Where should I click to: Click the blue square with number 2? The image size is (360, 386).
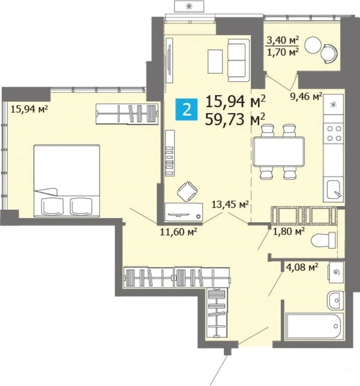[x=186, y=109]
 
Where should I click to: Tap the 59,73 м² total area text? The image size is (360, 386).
[x=235, y=120]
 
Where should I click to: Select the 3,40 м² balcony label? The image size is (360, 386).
[x=283, y=40]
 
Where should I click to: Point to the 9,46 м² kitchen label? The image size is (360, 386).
[x=306, y=96]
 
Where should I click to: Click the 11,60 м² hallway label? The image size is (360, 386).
[x=178, y=232]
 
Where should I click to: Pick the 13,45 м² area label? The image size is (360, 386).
[x=230, y=204]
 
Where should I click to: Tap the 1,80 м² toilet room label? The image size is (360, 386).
[x=289, y=231]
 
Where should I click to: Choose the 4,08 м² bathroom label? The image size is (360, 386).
[x=302, y=267]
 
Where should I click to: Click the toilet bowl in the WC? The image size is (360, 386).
[x=323, y=240]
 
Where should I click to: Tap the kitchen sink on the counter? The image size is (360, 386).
[x=334, y=189]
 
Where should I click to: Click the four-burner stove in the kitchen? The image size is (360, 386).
[x=333, y=133]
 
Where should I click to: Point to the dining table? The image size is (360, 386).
[x=278, y=152]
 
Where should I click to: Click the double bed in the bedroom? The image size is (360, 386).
[x=67, y=181]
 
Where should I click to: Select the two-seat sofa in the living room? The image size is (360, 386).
[x=238, y=60]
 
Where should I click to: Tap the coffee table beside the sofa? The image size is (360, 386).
[x=215, y=61]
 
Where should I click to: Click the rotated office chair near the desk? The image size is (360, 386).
[x=187, y=191]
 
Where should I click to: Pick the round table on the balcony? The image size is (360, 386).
[x=313, y=45]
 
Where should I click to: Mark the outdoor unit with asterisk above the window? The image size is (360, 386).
[x=189, y=6]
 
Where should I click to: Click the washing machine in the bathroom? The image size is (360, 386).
[x=336, y=272]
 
